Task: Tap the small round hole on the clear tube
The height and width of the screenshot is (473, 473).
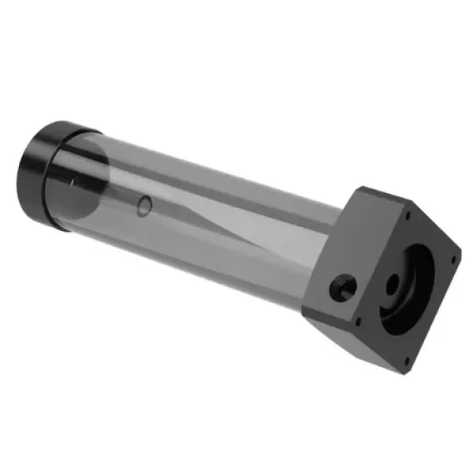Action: pos(144,207)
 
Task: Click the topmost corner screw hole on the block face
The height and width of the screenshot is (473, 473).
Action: pos(409,212)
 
